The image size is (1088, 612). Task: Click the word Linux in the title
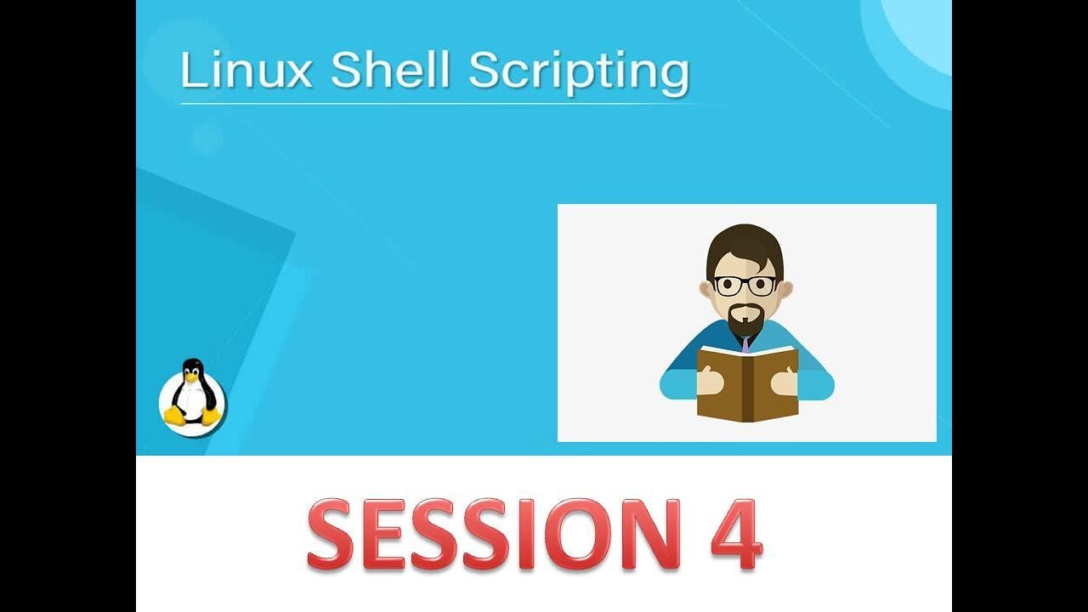tap(246, 70)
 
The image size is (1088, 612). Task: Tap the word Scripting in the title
tap(579, 72)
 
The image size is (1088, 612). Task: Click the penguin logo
tap(192, 396)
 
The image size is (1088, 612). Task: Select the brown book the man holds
tap(747, 383)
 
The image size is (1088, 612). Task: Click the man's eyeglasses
tap(745, 286)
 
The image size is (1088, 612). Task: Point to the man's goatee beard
tap(745, 320)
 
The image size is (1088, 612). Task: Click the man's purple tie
tap(745, 345)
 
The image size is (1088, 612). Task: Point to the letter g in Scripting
tap(675, 78)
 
